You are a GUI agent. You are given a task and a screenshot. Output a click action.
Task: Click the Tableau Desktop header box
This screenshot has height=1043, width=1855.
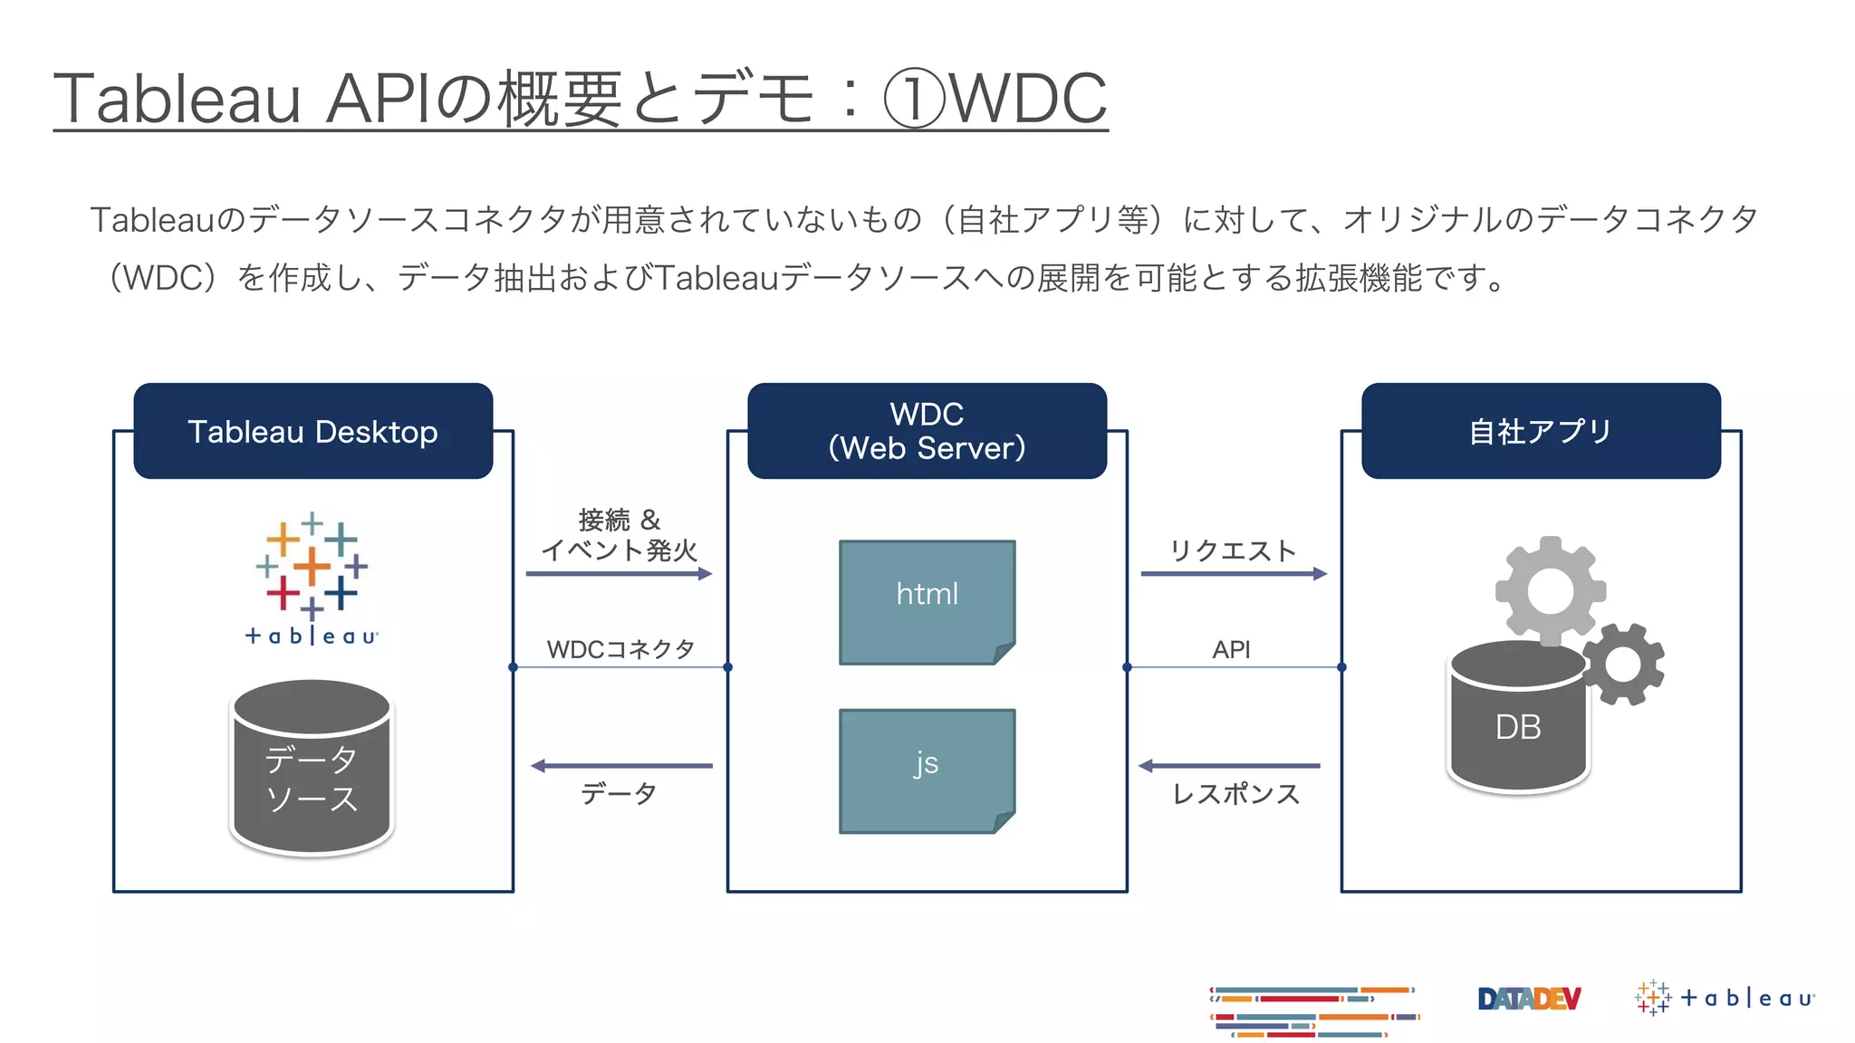coord(312,431)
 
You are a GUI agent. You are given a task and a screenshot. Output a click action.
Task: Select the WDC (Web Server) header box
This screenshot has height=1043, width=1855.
coord(927,431)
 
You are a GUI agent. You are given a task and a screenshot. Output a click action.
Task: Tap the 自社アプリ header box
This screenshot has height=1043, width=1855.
coord(1541,431)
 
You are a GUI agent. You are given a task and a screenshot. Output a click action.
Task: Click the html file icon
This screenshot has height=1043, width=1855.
coord(927,602)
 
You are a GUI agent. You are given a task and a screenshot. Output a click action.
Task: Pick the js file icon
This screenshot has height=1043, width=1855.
coord(927,770)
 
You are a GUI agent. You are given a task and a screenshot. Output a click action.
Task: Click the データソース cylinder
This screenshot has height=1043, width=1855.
coord(312,768)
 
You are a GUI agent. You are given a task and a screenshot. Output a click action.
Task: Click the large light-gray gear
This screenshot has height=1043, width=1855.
coord(1550,590)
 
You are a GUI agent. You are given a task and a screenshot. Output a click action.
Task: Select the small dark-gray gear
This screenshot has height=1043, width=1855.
coord(1623,665)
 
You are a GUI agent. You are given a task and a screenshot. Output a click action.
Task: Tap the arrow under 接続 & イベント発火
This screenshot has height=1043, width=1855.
coord(619,573)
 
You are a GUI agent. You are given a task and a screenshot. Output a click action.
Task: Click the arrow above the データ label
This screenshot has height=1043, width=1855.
coord(621,766)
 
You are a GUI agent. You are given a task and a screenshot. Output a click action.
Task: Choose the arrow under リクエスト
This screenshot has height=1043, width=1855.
coord(1234,573)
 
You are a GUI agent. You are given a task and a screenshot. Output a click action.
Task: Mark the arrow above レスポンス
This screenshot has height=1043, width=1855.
coord(1229,766)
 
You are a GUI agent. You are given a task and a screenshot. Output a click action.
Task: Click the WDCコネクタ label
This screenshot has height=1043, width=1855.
coord(620,649)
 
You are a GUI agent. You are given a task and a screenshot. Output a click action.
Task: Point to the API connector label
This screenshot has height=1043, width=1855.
coord(1231,649)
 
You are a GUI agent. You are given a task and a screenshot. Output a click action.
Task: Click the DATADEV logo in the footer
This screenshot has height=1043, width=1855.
coord(1528,999)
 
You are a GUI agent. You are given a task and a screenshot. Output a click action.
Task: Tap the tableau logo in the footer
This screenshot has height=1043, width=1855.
coord(1725,998)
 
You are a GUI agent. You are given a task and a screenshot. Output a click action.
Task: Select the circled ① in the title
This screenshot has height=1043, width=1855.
coord(913,99)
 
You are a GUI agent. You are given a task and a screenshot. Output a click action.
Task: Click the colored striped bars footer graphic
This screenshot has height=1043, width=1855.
coord(1313,1011)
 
